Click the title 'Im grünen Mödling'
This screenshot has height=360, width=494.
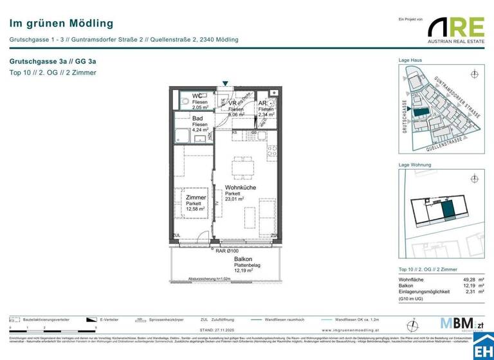coord(61,24)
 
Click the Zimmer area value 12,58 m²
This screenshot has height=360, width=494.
coord(195,209)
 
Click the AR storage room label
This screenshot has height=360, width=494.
coord(262,103)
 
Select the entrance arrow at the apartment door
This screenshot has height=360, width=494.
coord(224,84)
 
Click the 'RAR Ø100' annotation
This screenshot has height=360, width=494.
coord(226,251)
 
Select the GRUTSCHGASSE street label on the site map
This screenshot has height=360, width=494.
coord(405,116)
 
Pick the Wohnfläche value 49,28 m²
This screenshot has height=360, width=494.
coord(464,280)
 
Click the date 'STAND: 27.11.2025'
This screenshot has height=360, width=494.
coord(221,329)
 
